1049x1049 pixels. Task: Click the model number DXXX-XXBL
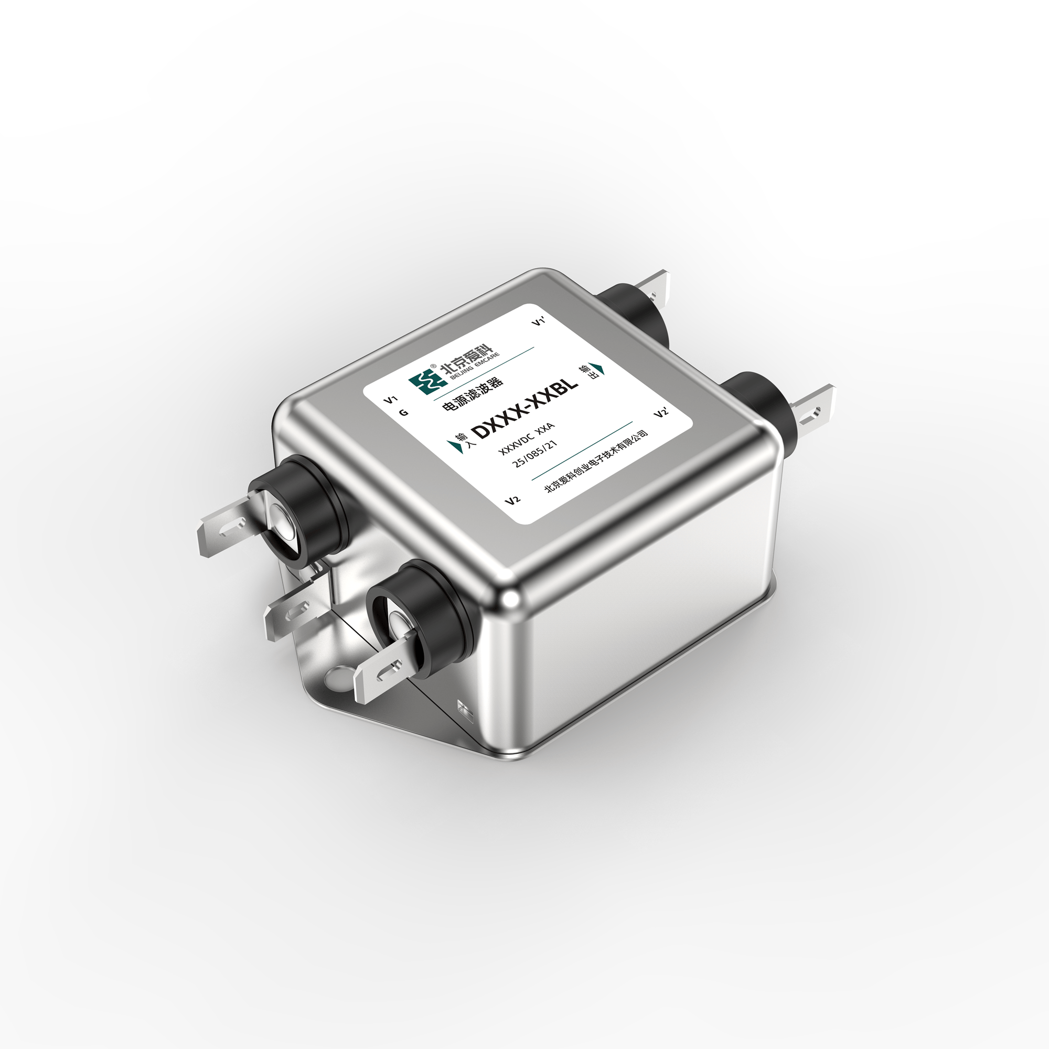[526, 409]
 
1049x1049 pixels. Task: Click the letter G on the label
[403, 413]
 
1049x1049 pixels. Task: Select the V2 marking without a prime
[513, 499]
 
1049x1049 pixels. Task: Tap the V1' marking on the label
[538, 323]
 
